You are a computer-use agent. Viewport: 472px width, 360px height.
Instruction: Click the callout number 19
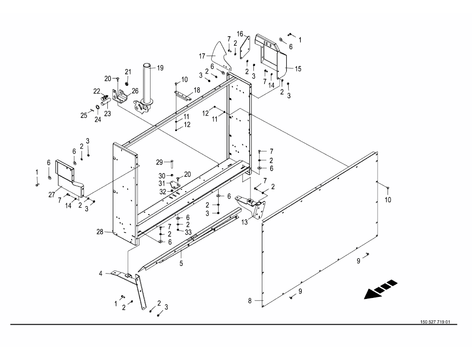(160, 68)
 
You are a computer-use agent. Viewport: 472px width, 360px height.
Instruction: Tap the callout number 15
(298, 69)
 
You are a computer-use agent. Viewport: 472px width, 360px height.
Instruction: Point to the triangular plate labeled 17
(223, 55)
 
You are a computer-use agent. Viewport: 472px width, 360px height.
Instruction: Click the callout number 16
(239, 34)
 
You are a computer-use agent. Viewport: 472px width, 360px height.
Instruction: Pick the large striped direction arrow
(381, 289)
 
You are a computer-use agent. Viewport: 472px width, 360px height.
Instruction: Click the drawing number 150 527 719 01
(435, 322)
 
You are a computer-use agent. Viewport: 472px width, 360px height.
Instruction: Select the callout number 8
(250, 300)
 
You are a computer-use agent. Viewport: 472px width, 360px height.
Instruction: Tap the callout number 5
(181, 264)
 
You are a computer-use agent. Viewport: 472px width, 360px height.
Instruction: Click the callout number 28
(100, 232)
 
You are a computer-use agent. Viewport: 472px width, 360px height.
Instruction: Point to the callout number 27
(52, 195)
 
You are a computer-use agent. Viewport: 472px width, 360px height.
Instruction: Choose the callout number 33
(188, 232)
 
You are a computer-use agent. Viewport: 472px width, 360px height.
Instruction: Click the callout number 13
(245, 222)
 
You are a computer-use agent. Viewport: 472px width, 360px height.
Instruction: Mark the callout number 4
(101, 274)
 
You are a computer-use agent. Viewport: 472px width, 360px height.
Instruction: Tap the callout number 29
(159, 162)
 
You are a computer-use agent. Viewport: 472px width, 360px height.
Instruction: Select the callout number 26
(135, 90)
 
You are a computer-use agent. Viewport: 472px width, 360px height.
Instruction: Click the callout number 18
(197, 90)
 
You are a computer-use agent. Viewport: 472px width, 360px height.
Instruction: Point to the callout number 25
(83, 115)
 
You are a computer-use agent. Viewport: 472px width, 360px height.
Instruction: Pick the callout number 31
(162, 183)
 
